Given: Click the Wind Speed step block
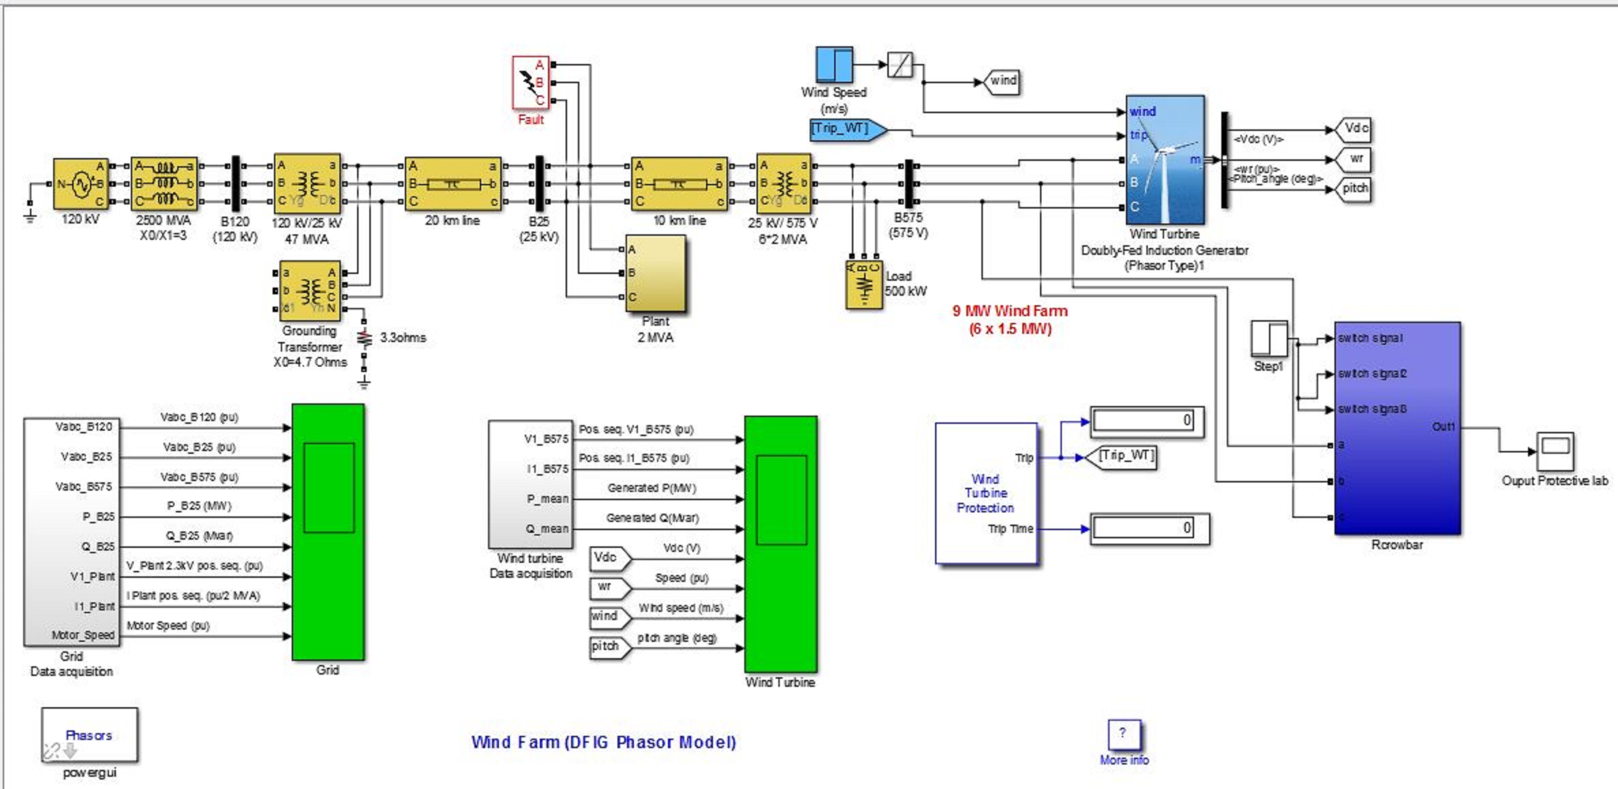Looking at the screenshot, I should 834,65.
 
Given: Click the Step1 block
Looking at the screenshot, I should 1269,339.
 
